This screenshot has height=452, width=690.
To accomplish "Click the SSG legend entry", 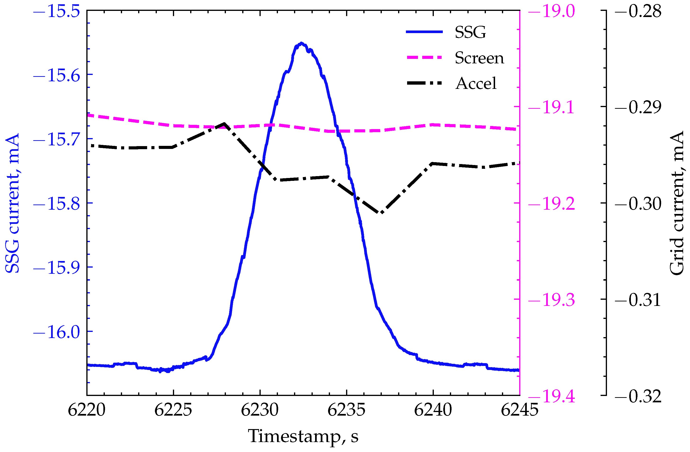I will (470, 32).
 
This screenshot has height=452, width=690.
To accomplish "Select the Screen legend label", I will (479, 58).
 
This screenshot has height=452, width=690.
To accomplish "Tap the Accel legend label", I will (476, 83).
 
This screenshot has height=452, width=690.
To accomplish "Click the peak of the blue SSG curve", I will (302, 43).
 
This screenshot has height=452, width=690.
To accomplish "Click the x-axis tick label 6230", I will (260, 410).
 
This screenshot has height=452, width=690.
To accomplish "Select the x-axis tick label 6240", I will (433, 410).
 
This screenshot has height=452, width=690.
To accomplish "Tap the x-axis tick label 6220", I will (86, 410).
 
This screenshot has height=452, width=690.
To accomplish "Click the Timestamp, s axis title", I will (303, 436).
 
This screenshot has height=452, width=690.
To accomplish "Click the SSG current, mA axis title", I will (12, 203).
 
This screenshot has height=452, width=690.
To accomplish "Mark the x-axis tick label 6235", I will (347, 410).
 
